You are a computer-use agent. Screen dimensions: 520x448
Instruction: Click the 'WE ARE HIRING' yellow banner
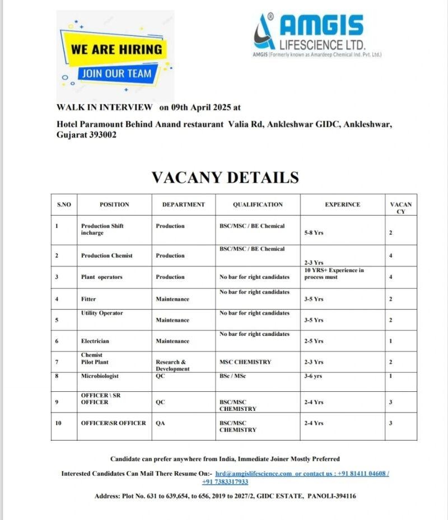pos(116,49)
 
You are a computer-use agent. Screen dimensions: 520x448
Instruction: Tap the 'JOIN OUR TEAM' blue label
pos(115,73)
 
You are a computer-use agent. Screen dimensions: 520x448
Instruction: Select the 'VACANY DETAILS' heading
pos(225,177)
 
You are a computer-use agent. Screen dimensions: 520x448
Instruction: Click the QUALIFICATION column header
pos(258,205)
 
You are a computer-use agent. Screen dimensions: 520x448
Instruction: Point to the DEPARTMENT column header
pos(184,205)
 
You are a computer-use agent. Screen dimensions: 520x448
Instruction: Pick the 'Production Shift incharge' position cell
pos(102,229)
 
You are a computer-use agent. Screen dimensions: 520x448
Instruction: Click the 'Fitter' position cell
pos(88,299)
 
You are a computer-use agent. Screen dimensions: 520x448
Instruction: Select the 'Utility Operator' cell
pos(102,313)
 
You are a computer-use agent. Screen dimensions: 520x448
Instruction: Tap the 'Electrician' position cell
pos(95,341)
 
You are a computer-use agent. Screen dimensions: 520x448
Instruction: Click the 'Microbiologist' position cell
pos(100,376)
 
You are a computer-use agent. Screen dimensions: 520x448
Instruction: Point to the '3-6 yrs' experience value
pos(314,376)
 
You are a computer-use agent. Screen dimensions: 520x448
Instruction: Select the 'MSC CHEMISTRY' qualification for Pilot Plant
pos(245,362)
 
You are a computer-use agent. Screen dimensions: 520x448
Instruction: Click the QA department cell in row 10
pos(160,423)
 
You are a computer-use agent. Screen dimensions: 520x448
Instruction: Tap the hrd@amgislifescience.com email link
pos(254,474)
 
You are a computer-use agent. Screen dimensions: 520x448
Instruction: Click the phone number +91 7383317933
pos(225,482)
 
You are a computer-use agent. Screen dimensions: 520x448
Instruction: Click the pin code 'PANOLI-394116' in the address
pos(332,496)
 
